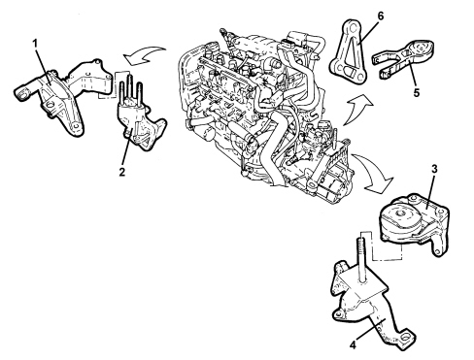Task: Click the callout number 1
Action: (x=36, y=44)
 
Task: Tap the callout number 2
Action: (x=121, y=172)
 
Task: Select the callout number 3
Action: (x=434, y=169)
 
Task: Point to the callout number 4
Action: (x=354, y=345)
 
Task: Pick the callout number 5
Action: (x=417, y=93)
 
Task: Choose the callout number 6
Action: (x=381, y=16)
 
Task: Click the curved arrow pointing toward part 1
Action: (x=144, y=54)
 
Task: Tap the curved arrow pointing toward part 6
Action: (x=356, y=110)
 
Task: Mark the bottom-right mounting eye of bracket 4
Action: (x=405, y=339)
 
